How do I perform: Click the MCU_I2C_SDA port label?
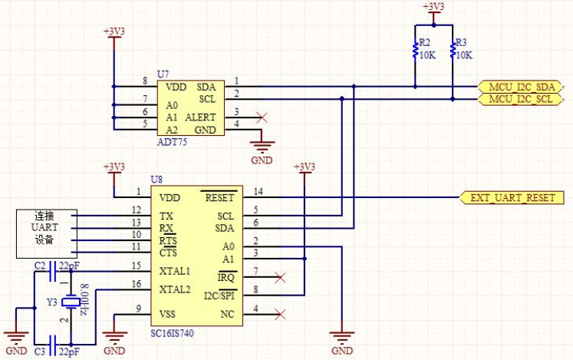[x=520, y=87]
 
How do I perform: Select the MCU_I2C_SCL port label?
[x=520, y=99]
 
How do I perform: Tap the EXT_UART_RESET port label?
[x=512, y=197]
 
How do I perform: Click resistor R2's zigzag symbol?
[x=415, y=50]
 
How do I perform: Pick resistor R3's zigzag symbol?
[x=453, y=50]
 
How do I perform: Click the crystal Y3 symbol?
[x=71, y=302]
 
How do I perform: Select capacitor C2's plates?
[x=53, y=271]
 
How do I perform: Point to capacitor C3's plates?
[x=53, y=345]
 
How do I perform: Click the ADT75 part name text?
[x=172, y=142]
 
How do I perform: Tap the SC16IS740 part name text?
[x=172, y=333]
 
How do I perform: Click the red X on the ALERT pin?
[x=262, y=117]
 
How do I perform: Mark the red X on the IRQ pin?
[x=280, y=277]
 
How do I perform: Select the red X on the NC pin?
[x=280, y=314]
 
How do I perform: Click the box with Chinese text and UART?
[x=47, y=234]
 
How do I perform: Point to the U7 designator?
[x=163, y=74]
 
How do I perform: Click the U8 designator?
[x=156, y=180]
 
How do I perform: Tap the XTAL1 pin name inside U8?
[x=175, y=271]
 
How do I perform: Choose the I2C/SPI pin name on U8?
[x=219, y=296]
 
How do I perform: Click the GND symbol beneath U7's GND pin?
[x=262, y=147]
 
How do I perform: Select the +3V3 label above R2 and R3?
[x=433, y=7]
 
